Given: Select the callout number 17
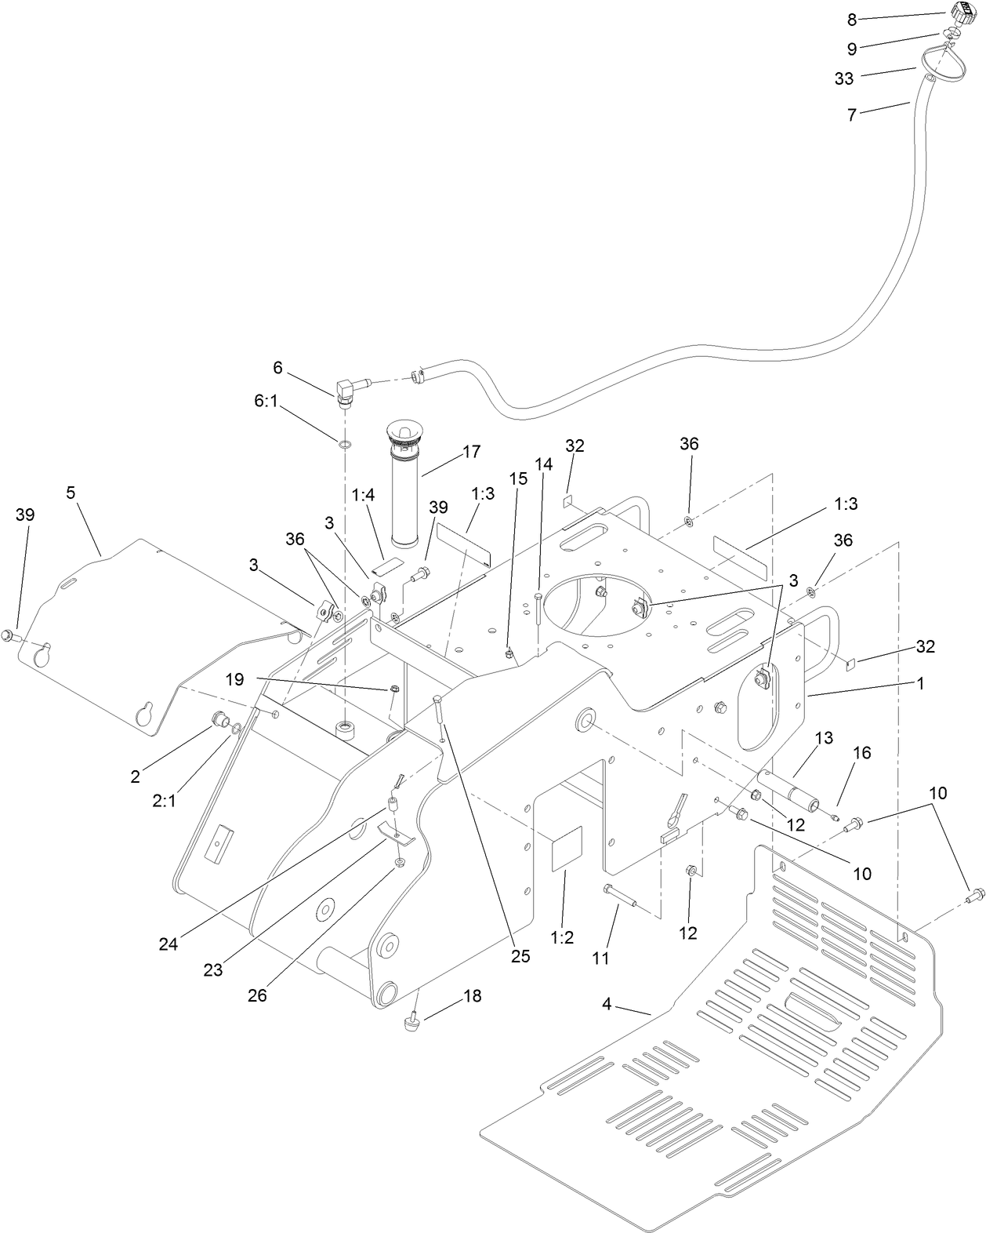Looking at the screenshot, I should click(x=471, y=452).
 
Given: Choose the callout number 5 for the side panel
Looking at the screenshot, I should click(x=71, y=493).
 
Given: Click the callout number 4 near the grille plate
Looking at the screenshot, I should click(x=607, y=1004).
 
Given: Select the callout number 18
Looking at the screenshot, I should click(x=472, y=996).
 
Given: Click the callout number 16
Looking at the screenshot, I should click(x=862, y=753).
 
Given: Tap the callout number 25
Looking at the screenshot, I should click(x=520, y=956).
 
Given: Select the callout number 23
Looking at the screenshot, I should click(x=213, y=970).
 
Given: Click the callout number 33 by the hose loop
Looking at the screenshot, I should click(x=844, y=78).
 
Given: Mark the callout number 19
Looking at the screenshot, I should click(x=235, y=679).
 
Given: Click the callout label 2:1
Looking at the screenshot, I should click(x=164, y=802).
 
